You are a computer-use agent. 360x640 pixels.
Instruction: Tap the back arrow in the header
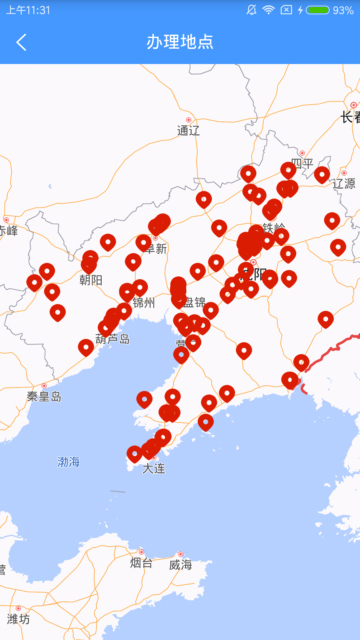pyautogui.click(x=21, y=42)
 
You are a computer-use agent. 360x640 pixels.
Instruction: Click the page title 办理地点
pyautogui.click(x=180, y=42)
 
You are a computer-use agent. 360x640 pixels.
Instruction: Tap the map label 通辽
pyautogui.click(x=188, y=130)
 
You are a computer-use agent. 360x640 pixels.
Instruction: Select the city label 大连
pyautogui.click(x=154, y=469)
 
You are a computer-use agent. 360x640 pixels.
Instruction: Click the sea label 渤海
pyautogui.click(x=69, y=462)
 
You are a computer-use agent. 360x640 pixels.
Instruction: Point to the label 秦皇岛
pyautogui.click(x=44, y=397)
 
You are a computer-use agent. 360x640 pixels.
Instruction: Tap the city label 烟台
pyautogui.click(x=141, y=563)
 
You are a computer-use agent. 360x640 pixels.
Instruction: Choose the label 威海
pyautogui.click(x=180, y=565)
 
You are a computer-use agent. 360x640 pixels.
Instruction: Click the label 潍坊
pyautogui.click(x=18, y=619)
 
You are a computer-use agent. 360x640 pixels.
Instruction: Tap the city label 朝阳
pyautogui.click(x=91, y=280)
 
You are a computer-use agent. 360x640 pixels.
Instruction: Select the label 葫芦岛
pyautogui.click(x=113, y=339)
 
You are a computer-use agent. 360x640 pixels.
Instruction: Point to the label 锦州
pyautogui.click(x=144, y=303)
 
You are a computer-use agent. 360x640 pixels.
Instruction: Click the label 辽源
pyautogui.click(x=344, y=184)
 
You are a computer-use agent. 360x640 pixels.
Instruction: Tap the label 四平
pyautogui.click(x=303, y=164)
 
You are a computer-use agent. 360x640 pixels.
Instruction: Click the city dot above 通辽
pyautogui.click(x=189, y=120)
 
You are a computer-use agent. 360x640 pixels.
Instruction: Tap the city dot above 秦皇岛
pyautogui.click(x=44, y=386)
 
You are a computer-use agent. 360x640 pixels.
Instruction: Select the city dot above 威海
pyautogui.click(x=180, y=554)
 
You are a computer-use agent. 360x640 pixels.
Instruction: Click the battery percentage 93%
pyautogui.click(x=343, y=10)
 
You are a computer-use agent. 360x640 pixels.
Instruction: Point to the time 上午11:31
pyautogui.click(x=28, y=10)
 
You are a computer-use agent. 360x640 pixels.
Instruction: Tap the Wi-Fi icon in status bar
pyautogui.click(x=268, y=10)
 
